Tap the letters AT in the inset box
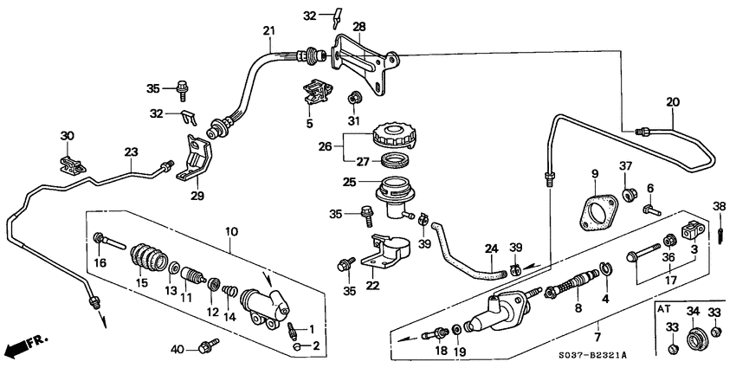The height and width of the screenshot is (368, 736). point(663,308)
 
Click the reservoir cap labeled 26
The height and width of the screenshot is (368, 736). point(395,137)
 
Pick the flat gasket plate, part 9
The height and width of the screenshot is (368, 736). point(594,216)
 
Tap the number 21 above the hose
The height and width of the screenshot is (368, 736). point(269,31)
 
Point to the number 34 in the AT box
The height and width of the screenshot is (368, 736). point(692,312)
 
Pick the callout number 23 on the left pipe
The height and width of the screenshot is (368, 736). point(131,152)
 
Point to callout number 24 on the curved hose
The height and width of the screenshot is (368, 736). point(491,249)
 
